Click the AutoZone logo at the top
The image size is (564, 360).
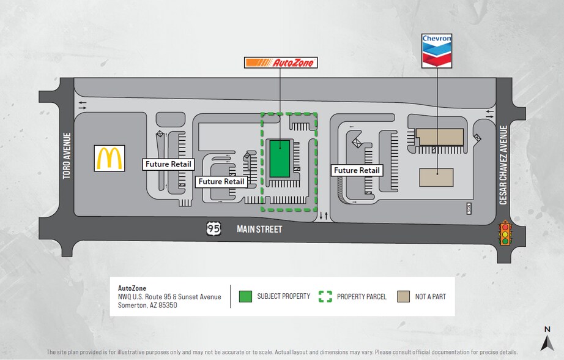281,62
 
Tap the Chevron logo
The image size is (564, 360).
437,50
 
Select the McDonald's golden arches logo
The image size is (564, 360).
110,158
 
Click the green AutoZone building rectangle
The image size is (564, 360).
280,158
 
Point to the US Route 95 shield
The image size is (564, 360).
213,229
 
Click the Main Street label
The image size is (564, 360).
260,230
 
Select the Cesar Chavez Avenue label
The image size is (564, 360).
503,165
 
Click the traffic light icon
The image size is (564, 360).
505,233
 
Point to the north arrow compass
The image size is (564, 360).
547,337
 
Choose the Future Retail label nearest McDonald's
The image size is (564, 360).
169,164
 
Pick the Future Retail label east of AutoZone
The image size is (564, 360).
357,170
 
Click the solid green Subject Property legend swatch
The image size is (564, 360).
245,296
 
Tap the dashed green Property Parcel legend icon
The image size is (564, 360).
325,296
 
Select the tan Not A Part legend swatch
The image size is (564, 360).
403,296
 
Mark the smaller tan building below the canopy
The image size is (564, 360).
436,177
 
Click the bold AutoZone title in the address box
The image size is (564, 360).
132,288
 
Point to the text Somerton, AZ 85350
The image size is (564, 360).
147,305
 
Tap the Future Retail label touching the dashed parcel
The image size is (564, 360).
221,182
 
